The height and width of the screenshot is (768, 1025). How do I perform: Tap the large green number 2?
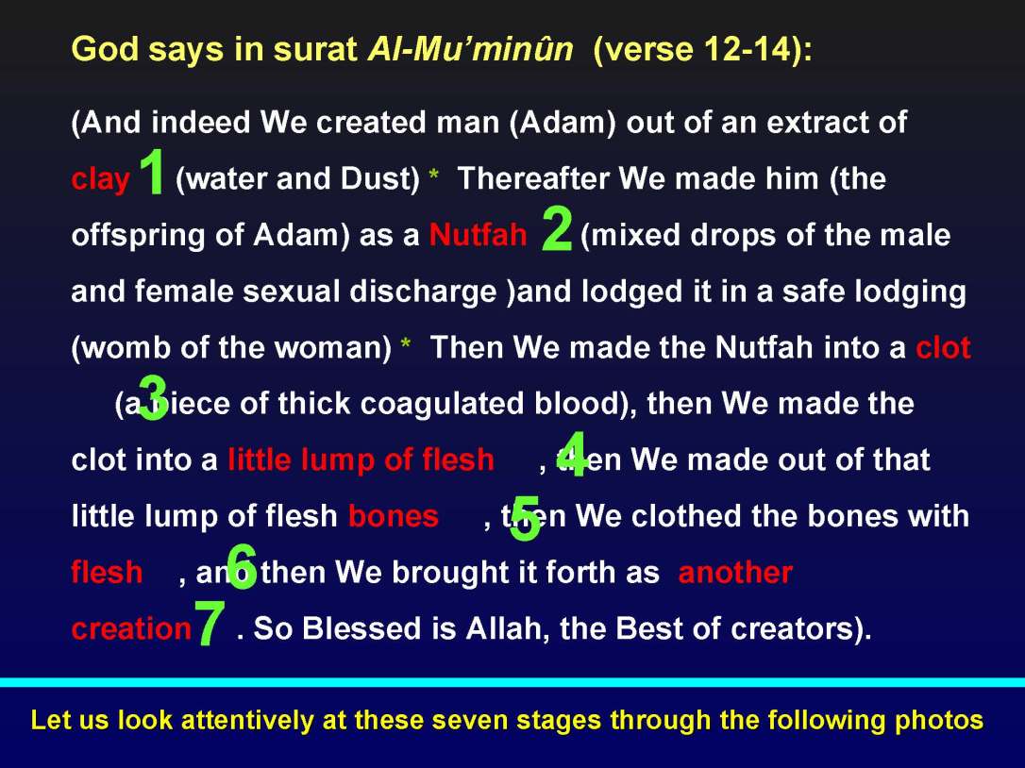(x=558, y=229)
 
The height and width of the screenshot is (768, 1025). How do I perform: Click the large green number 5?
(x=525, y=519)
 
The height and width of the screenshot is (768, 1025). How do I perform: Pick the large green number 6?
(x=242, y=568)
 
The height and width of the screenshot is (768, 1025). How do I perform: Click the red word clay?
(x=100, y=179)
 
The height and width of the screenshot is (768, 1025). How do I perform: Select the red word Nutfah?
(x=478, y=235)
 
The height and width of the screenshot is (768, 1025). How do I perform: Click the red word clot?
(x=942, y=348)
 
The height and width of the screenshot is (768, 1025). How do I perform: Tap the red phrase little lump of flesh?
(x=361, y=459)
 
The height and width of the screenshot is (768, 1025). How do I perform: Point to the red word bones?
(x=393, y=516)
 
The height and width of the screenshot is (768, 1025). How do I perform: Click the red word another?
(x=735, y=573)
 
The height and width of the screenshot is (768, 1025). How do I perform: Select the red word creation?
(x=131, y=628)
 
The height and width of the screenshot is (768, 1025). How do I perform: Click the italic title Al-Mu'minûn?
(x=469, y=50)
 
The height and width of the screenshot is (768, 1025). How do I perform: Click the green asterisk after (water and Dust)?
(x=433, y=177)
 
